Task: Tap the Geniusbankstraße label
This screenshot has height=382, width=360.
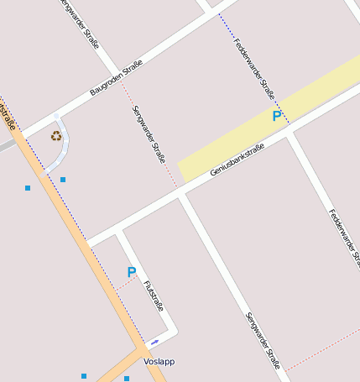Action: click(237, 160)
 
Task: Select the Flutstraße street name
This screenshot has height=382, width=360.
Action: click(154, 296)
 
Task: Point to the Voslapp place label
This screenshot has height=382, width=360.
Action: click(159, 362)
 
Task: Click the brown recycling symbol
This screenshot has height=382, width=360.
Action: click(56, 135)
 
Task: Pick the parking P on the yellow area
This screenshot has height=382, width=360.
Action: click(276, 116)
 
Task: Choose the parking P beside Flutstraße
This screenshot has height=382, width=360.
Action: click(131, 272)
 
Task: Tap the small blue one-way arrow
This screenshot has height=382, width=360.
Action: click(154, 343)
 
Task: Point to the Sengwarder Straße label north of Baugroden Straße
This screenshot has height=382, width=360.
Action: click(81, 23)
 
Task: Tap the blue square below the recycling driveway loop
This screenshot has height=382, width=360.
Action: click(63, 180)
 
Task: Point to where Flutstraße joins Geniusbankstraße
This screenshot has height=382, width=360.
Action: click(119, 229)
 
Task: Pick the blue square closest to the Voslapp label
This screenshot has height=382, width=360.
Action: click(127, 379)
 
